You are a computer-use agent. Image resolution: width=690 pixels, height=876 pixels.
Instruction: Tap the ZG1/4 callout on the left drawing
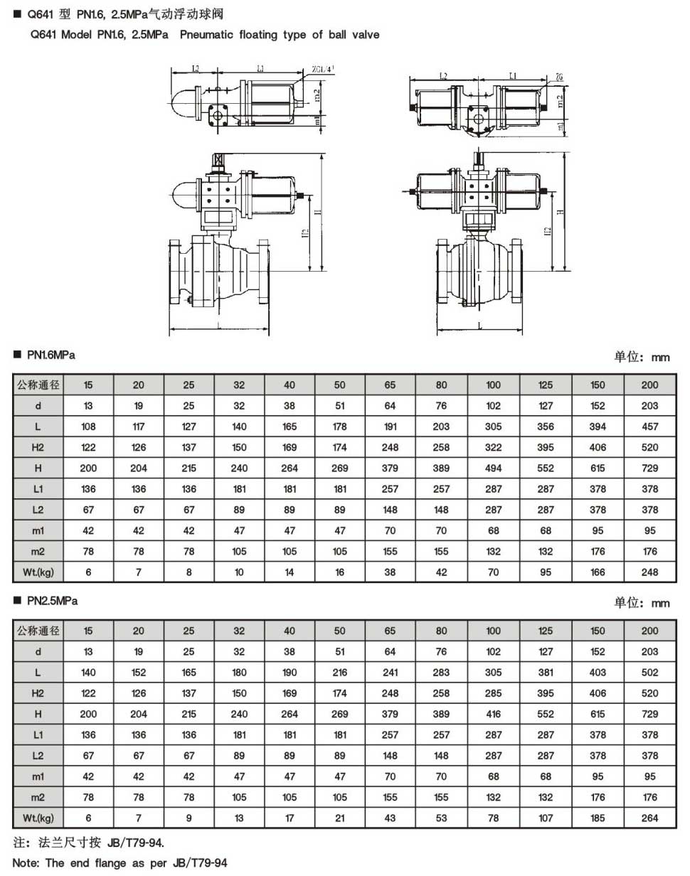click(x=322, y=69)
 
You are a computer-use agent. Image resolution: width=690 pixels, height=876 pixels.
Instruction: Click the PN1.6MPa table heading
click(x=51, y=354)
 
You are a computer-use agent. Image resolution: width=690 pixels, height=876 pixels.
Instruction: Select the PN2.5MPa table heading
click(x=52, y=601)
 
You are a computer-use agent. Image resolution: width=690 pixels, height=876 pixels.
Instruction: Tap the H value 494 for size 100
click(x=493, y=468)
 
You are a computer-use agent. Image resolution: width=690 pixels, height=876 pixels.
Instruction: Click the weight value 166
click(x=598, y=572)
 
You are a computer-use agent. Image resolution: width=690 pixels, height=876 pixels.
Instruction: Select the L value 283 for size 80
click(x=442, y=672)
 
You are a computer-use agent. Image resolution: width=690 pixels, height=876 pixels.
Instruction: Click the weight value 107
click(x=546, y=818)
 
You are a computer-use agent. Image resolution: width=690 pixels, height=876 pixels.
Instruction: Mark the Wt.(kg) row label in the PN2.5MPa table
click(x=38, y=818)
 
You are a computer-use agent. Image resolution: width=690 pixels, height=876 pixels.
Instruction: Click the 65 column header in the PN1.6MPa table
click(x=391, y=385)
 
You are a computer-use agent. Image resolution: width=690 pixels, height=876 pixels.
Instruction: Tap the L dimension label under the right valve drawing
click(x=481, y=324)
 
